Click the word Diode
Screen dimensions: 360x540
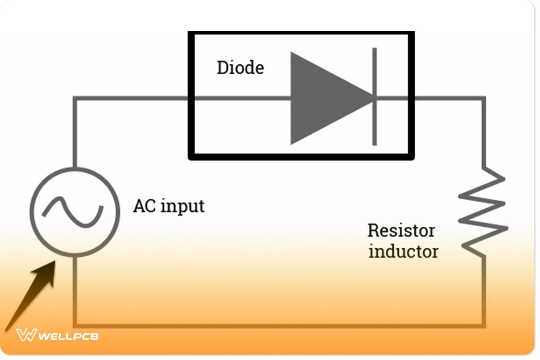tap(240, 68)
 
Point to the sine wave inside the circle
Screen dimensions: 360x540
tap(75, 211)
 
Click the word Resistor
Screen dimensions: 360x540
tap(401, 230)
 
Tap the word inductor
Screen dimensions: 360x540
tap(403, 251)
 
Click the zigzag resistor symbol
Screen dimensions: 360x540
tap(483, 211)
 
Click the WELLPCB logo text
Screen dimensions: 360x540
tap(67, 336)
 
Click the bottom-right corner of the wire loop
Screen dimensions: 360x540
tap(483, 325)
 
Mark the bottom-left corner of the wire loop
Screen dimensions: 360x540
tap(75, 325)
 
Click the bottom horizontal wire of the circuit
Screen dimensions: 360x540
tap(279, 325)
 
